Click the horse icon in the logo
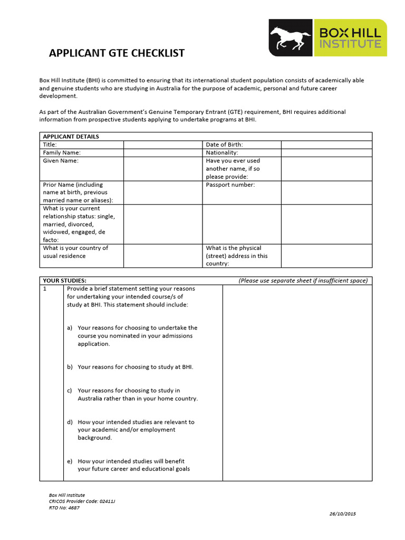(291, 37)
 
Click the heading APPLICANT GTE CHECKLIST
(117, 53)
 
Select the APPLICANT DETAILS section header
(71, 137)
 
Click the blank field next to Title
(163, 144)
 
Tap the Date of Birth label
(224, 144)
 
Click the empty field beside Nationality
(326, 152)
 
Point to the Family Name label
(62, 152)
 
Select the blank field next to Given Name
(163, 168)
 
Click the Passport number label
(230, 185)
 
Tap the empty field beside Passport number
(326, 192)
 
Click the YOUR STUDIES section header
(64, 281)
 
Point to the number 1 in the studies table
(45, 289)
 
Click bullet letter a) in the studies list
(70, 328)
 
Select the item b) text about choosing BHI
(135, 367)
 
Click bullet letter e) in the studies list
(70, 461)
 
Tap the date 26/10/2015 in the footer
(343, 514)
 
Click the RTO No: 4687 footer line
(64, 507)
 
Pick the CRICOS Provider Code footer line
(82, 502)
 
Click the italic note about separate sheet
(303, 281)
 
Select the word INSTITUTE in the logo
(350, 44)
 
